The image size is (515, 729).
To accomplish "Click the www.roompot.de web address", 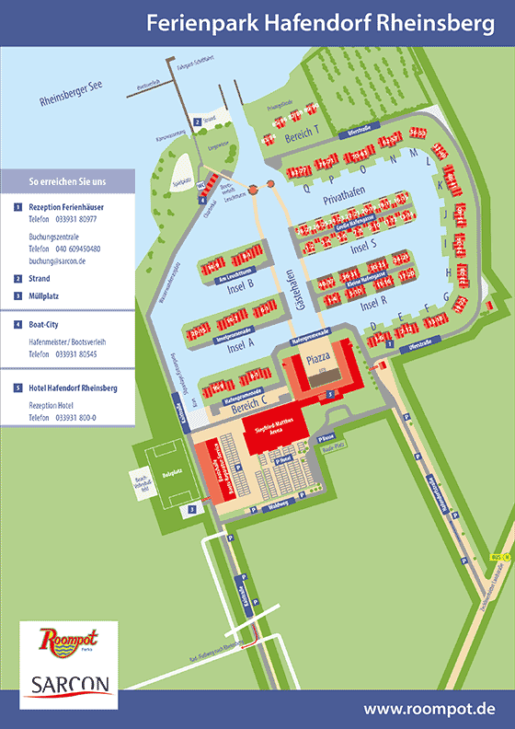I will (429, 709).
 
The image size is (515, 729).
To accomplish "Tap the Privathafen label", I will (345, 198).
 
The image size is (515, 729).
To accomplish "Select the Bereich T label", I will (301, 137).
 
